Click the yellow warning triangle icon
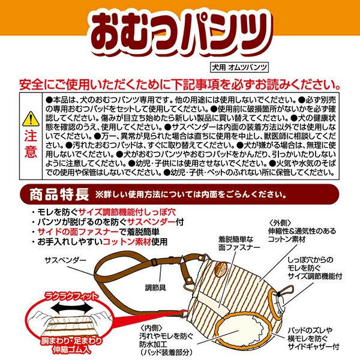point(31,119)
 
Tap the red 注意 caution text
point(31,144)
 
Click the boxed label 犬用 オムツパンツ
point(239,67)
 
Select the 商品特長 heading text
point(59,194)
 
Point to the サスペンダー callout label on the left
point(65,260)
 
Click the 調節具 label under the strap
point(155,287)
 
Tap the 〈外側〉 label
point(280,223)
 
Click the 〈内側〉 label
point(151,328)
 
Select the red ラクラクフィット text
point(71,296)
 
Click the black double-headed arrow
point(72,308)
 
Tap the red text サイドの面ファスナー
point(78,232)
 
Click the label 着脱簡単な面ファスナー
point(239,244)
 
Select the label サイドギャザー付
point(313,346)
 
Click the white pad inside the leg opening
point(239,330)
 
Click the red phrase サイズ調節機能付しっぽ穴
point(127,212)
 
